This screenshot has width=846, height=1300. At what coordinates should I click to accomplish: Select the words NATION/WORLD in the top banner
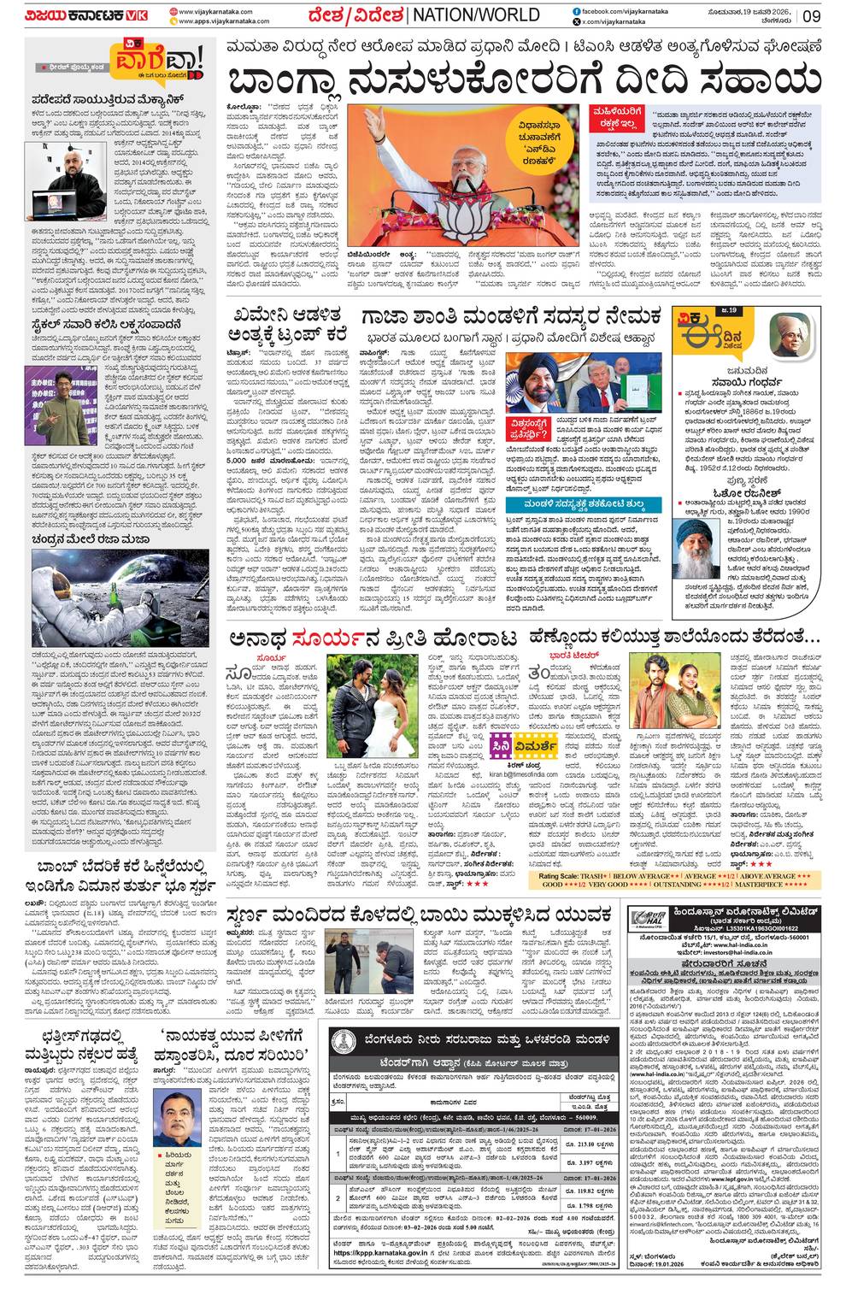coord(477,15)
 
